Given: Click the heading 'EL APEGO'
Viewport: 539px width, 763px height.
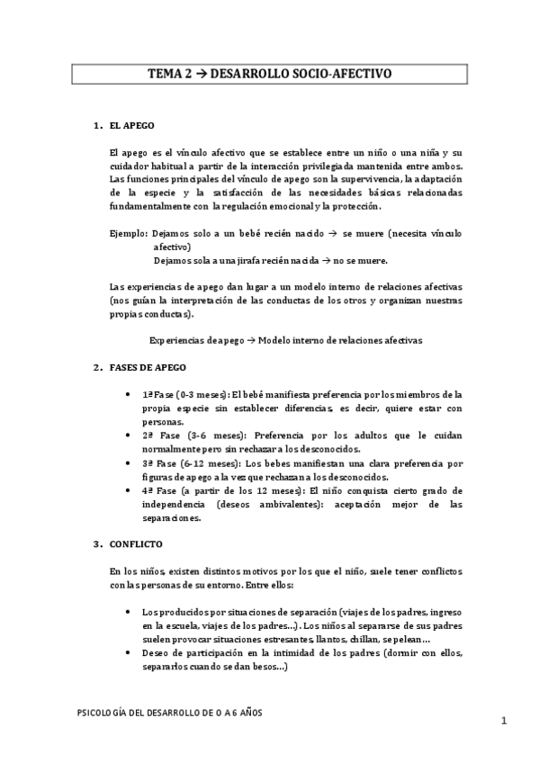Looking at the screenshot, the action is [131, 126].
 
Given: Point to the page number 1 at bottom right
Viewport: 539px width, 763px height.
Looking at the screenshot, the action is [505, 721].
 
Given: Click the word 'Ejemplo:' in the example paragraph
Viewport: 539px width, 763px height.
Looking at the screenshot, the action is [126, 232].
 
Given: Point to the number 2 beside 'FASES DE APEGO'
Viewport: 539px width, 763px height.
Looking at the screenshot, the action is [97, 368].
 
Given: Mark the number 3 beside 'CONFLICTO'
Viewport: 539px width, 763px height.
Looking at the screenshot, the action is [97, 544].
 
